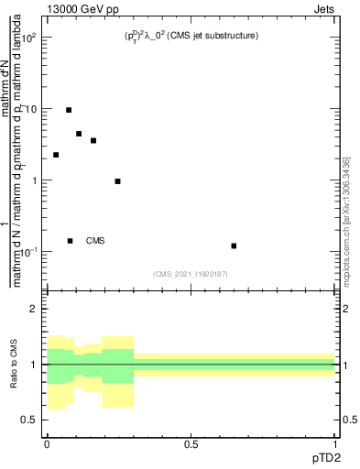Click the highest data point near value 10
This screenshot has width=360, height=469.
69,110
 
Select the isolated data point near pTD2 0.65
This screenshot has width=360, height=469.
234,245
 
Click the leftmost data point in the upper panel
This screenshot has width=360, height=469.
56,155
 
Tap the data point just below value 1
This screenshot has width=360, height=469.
118,181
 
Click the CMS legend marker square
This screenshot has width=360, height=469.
70,241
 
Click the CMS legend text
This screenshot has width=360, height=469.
95,241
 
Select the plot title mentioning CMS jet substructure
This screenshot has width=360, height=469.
191,36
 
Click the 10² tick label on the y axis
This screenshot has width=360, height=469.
30,38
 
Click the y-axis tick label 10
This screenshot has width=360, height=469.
32,109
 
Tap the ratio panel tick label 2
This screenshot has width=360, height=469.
35,310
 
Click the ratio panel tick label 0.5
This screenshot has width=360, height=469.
30,420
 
